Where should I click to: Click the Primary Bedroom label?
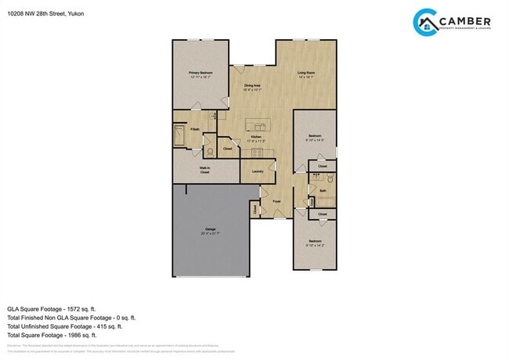(x=200, y=74)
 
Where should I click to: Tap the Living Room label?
(x=305, y=74)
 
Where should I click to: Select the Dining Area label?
(x=252, y=87)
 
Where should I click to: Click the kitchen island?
(x=257, y=123)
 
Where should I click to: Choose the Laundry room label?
(x=257, y=171)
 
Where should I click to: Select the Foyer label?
(x=276, y=202)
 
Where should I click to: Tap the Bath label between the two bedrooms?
(x=323, y=190)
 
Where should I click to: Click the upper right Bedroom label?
(x=315, y=138)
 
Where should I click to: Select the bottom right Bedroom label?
(x=315, y=242)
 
